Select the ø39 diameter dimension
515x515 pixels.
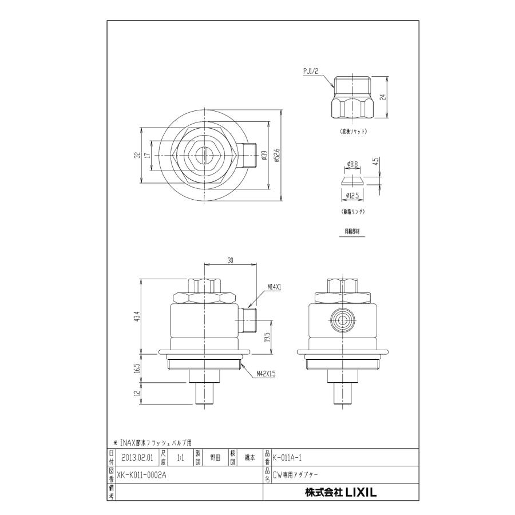click(264, 156)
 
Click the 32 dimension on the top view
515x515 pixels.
click(138, 155)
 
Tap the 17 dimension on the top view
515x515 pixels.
click(148, 155)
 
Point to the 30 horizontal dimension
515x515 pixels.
click(230, 260)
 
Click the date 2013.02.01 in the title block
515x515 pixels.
click(137, 457)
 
